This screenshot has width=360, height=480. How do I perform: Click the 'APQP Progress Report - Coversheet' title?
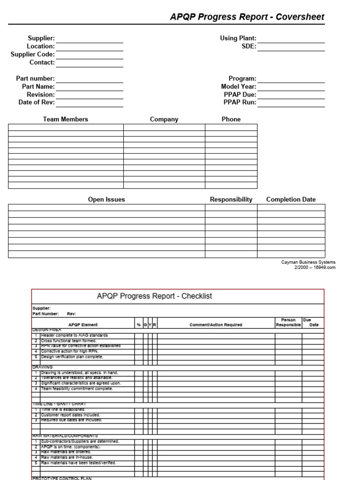(x=247, y=17)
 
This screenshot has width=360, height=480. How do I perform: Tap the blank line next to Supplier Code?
(x=90, y=55)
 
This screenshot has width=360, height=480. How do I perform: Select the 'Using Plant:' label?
(x=238, y=38)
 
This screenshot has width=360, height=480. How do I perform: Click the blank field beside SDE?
(x=291, y=46)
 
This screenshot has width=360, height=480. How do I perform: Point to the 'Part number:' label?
(x=35, y=79)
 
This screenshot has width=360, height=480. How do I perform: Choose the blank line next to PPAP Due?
(x=291, y=95)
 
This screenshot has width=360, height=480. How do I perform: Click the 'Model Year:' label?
(x=239, y=87)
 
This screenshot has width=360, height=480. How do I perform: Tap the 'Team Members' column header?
(x=66, y=120)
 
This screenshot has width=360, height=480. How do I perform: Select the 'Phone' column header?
(x=231, y=120)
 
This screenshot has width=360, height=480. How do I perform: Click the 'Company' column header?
(x=164, y=120)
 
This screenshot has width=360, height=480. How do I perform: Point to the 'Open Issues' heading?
(x=106, y=200)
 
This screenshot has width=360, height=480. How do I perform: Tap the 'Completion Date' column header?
(x=291, y=200)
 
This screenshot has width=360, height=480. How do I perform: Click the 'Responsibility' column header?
(x=231, y=200)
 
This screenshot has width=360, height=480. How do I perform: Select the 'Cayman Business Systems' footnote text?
(x=308, y=262)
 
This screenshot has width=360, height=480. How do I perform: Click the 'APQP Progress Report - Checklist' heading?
(x=154, y=296)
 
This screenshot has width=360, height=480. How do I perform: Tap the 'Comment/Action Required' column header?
(x=216, y=325)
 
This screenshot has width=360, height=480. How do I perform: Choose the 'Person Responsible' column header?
(x=288, y=322)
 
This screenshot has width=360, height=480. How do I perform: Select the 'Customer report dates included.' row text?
(x=70, y=415)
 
